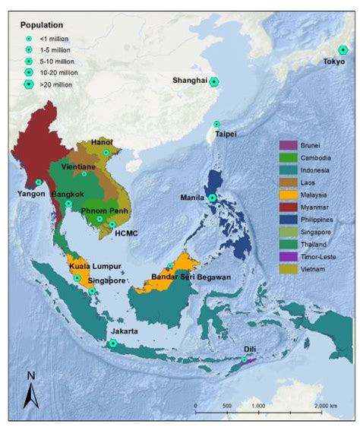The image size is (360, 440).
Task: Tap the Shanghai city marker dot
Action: coord(215,82)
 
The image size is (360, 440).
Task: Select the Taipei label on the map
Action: coord(226,134)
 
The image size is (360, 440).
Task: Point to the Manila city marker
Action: coord(212,198)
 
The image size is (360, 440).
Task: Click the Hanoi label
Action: coord(101,142)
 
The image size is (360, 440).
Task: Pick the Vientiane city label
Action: coord(77,166)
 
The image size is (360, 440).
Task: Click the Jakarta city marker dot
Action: coord(112,343)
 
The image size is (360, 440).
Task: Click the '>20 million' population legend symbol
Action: coord(29,84)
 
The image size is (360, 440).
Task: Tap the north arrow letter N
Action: coord(30,375)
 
